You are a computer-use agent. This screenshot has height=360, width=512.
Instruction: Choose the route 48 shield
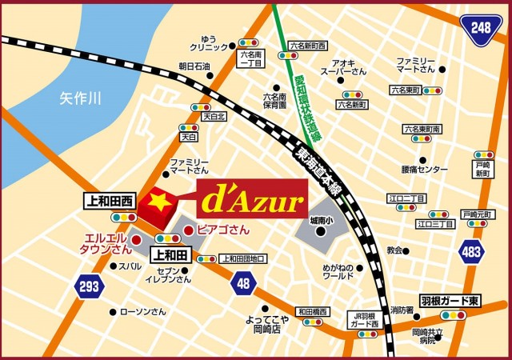point(244,282)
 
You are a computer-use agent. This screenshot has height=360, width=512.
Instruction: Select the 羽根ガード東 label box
point(451,299)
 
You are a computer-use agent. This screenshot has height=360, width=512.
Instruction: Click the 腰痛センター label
point(425,170)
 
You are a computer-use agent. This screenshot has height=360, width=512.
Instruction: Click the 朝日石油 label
point(194,66)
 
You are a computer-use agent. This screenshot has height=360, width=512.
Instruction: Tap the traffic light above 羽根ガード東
point(452,315)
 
